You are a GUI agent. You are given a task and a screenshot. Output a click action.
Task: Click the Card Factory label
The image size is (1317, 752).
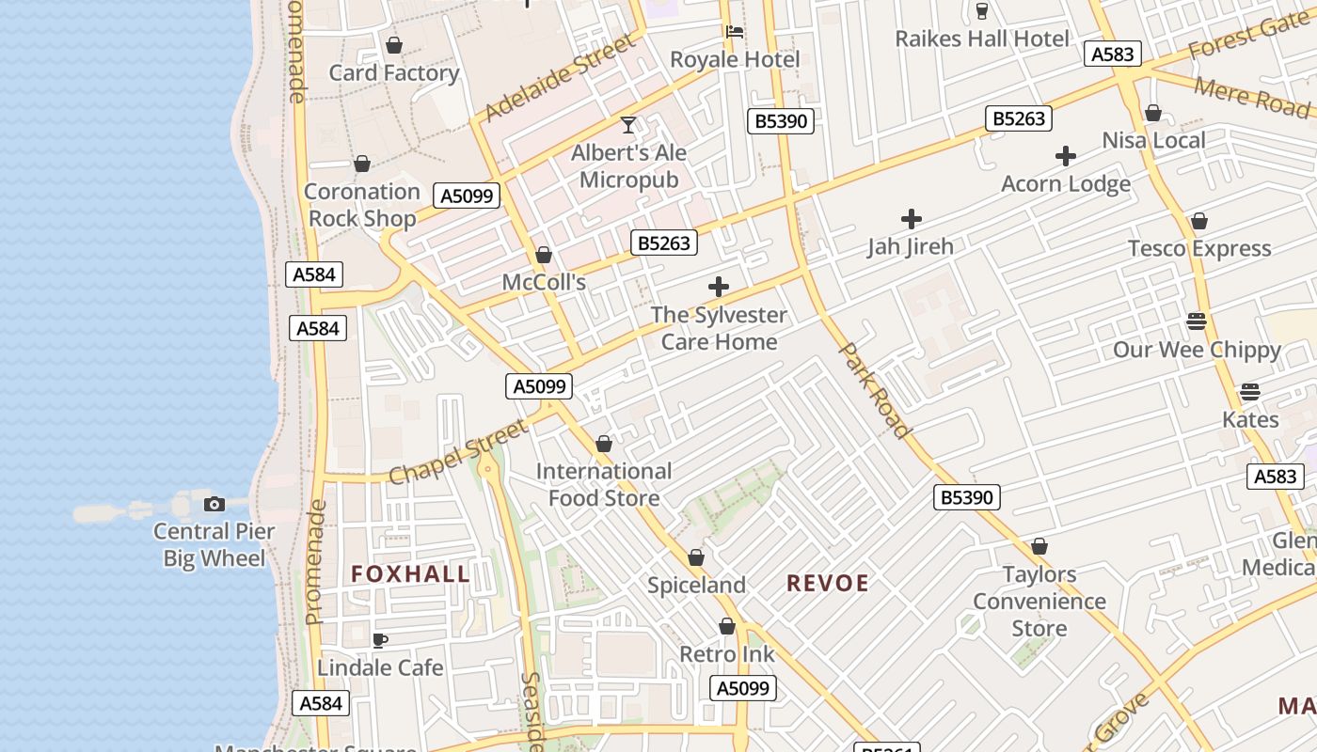coord(393,72)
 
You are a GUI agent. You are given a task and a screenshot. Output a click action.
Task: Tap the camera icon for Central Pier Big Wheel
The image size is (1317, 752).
coord(214,504)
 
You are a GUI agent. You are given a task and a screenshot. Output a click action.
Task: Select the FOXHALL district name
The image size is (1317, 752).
coord(410,573)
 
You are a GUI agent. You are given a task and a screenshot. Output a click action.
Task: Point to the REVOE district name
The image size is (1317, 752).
coord(828,583)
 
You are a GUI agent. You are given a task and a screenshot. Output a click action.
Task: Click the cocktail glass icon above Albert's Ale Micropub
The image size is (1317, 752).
coord(628,124)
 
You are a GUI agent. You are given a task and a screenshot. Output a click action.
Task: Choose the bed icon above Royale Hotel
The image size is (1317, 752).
coord(735,32)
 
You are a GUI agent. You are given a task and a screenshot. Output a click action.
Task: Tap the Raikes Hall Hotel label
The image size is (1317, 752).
coord(982,39)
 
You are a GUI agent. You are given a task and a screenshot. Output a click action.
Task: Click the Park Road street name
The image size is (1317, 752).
coord(875,390)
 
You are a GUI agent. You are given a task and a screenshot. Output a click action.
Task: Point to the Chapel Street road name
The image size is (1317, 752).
coord(458,452)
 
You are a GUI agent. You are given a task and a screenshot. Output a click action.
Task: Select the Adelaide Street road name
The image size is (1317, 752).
coord(561,78)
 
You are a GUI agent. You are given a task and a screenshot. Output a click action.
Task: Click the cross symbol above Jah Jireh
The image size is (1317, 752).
coord(911,219)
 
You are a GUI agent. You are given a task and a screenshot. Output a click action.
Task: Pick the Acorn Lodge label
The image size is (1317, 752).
coord(1066,183)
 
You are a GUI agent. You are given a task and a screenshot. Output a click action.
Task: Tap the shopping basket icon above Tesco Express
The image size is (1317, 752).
coord(1198,221)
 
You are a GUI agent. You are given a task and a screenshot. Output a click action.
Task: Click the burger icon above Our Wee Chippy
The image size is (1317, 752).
coord(1197,321)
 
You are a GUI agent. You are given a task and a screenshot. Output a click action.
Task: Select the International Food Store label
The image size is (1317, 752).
coord(604,484)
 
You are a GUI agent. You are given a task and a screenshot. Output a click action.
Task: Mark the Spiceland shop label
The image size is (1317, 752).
coord(696,585)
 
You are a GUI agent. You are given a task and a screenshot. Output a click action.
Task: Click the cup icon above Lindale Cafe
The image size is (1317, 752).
coord(379,640)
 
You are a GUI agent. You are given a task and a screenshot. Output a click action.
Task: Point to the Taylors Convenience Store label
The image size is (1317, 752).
coord(1039,601)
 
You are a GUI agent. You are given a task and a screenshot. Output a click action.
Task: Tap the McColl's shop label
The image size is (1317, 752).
coord(544,282)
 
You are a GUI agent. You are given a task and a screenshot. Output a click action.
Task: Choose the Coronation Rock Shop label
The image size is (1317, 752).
coord(362,205)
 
